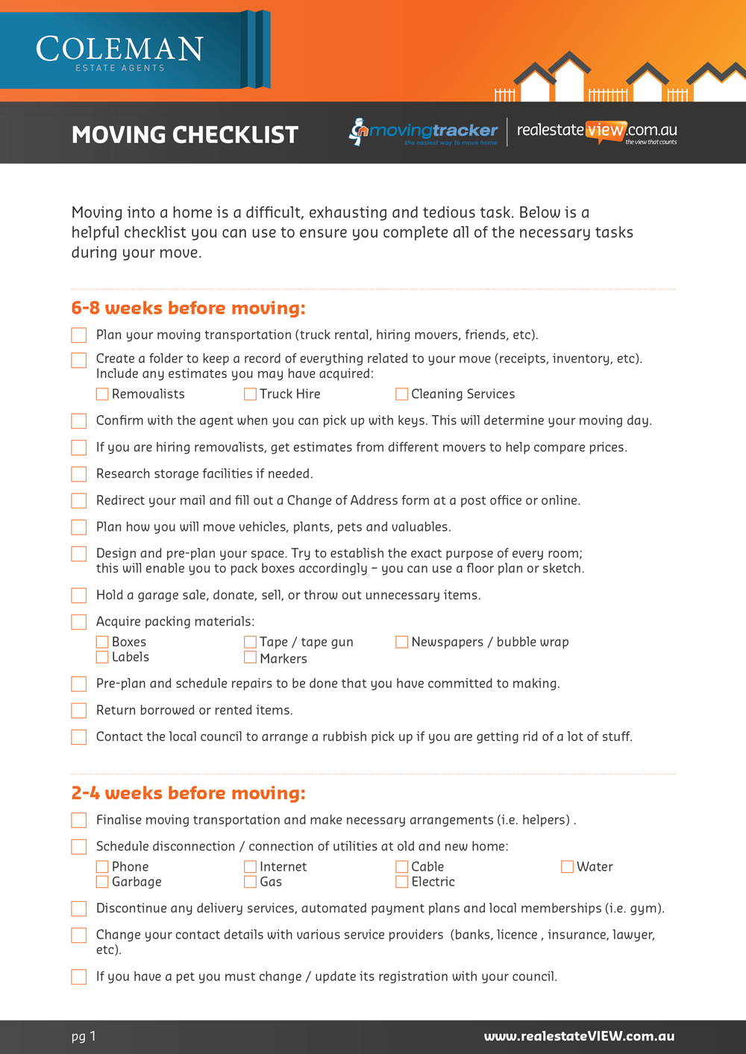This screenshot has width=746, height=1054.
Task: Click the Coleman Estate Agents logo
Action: [119, 52]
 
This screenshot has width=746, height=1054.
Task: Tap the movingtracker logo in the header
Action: [424, 132]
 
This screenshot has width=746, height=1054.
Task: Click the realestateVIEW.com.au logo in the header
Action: [597, 132]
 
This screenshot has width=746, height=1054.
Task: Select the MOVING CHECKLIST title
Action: [185, 135]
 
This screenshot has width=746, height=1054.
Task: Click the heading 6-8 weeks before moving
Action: [188, 309]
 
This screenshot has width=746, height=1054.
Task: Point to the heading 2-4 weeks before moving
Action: [188, 793]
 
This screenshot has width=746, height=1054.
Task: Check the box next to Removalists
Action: [102, 394]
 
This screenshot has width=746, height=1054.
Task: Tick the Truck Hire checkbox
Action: [251, 394]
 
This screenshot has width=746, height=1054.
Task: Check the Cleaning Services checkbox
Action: [401, 394]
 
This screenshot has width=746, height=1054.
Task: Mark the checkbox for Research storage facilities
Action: [79, 474]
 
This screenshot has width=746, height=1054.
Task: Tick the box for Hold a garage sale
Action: [79, 596]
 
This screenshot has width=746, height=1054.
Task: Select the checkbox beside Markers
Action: [251, 658]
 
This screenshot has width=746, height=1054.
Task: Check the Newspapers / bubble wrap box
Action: [401, 642]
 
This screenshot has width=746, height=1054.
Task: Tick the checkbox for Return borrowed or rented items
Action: [79, 710]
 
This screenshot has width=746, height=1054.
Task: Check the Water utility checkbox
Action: [567, 867]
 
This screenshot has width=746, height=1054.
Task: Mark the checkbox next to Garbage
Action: [102, 882]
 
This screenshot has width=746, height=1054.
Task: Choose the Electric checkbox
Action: [401, 882]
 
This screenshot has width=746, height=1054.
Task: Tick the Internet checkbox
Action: [251, 867]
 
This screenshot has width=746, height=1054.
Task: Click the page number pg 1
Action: [84, 1036]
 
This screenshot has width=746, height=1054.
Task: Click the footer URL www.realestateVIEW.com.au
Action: [579, 1036]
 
